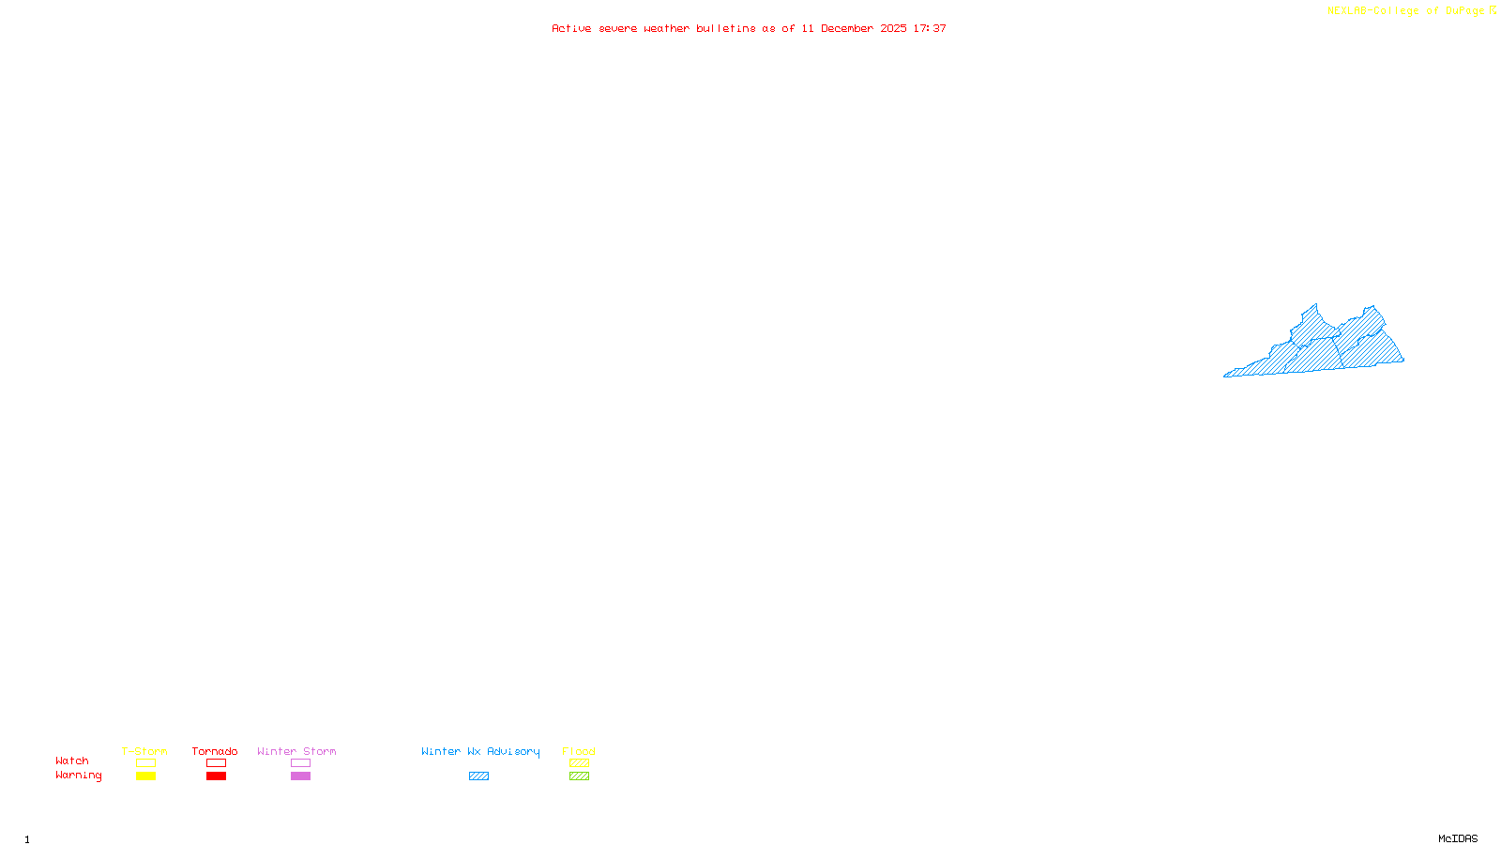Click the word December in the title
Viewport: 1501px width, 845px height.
[847, 28]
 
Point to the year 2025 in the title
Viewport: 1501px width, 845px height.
[893, 28]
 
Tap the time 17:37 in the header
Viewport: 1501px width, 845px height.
[930, 28]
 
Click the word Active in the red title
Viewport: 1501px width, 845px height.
[571, 28]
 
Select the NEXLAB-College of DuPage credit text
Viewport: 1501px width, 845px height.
[1405, 10]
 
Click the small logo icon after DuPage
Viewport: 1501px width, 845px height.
[1493, 10]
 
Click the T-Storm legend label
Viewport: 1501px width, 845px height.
[144, 751]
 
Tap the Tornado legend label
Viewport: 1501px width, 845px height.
[215, 751]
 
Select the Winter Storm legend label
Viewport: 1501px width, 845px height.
[296, 751]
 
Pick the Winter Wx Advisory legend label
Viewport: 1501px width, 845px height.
[480, 751]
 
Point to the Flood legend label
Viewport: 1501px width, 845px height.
[579, 751]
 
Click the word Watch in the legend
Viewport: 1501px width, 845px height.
[72, 760]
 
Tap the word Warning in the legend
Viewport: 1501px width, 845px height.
[78, 776]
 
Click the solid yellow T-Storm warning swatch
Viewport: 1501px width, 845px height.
[145, 776]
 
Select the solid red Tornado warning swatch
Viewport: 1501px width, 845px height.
[216, 776]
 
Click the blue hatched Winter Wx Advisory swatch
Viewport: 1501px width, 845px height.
[478, 776]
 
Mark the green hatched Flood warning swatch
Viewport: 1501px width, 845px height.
[579, 776]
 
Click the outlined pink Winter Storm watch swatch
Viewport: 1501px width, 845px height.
[300, 763]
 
